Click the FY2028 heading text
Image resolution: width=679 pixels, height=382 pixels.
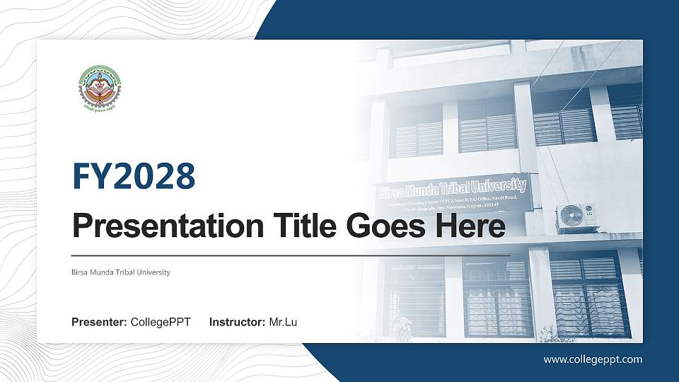click(134, 176)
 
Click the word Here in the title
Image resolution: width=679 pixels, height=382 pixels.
click(472, 227)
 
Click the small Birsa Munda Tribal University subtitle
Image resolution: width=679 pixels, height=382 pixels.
click(121, 272)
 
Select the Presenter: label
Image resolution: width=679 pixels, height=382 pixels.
click(99, 323)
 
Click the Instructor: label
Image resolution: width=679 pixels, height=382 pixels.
click(238, 323)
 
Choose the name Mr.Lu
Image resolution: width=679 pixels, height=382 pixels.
click(283, 323)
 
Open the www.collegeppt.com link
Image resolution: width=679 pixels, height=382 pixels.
click(593, 359)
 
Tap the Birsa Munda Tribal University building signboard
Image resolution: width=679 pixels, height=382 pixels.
click(453, 195)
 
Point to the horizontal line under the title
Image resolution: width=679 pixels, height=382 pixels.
click(291, 255)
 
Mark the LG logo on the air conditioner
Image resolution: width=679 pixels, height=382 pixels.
click(587, 209)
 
